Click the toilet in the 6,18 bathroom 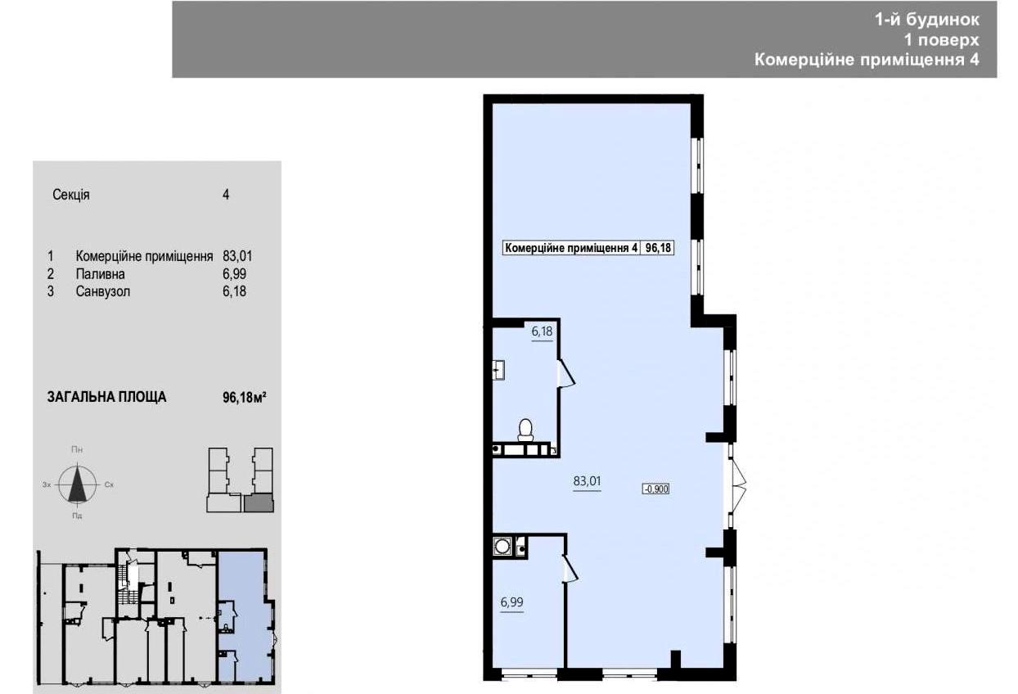click(525, 430)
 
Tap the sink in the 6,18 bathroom click(499, 370)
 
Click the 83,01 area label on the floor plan click(587, 481)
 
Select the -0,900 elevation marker click(655, 489)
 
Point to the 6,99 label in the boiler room click(511, 602)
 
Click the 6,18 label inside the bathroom click(543, 331)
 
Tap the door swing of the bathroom click(566, 373)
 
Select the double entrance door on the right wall click(737, 485)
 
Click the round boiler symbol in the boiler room click(502, 546)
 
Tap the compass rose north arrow click(78, 483)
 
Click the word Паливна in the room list click(101, 274)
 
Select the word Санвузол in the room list click(103, 291)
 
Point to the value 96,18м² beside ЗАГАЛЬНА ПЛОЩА click(244, 398)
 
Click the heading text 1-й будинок click(927, 20)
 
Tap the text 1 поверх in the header click(942, 40)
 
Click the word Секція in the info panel click(71, 195)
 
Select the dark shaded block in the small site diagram click(259, 504)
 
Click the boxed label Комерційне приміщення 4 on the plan click(571, 248)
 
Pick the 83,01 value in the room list click(237, 256)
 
